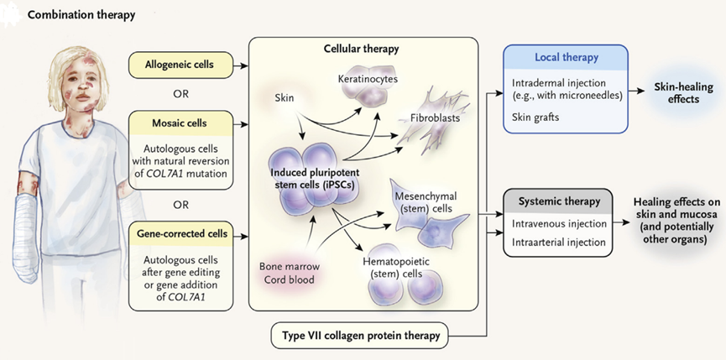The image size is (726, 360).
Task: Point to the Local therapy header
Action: click(x=567, y=58)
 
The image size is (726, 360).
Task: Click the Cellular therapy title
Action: click(x=363, y=49)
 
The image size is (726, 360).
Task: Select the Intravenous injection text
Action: click(x=559, y=225)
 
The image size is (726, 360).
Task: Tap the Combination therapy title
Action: click(x=81, y=16)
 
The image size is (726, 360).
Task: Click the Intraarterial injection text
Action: click(x=559, y=242)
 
